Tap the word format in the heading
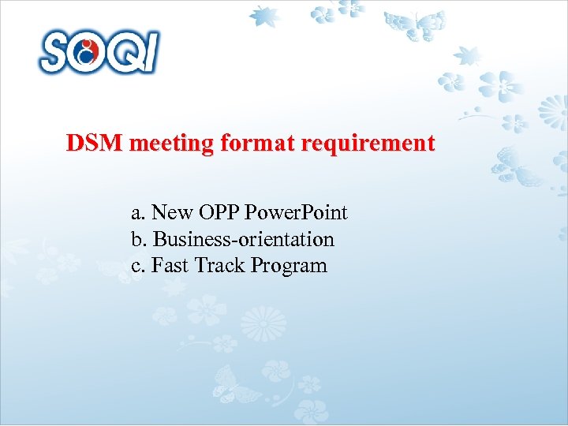pyautogui.click(x=239, y=144)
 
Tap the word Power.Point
pyautogui.click(x=297, y=213)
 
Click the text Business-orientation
pyautogui.click(x=244, y=239)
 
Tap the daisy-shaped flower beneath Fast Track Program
pyautogui.click(x=263, y=324)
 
